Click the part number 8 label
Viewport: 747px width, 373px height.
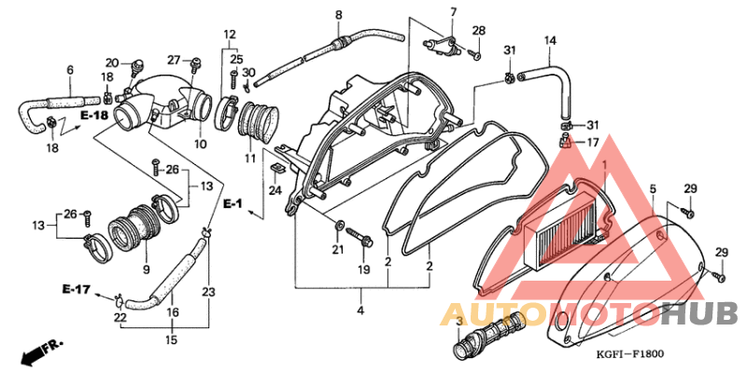pyautogui.click(x=338, y=15)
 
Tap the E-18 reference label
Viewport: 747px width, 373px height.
pyautogui.click(x=94, y=116)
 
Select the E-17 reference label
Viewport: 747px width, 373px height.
pyautogui.click(x=76, y=288)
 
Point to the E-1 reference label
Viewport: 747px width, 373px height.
pyautogui.click(x=233, y=204)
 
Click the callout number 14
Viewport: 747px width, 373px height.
pyautogui.click(x=550, y=41)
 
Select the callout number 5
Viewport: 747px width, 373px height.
pyautogui.click(x=653, y=190)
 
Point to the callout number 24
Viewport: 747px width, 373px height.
pyautogui.click(x=275, y=190)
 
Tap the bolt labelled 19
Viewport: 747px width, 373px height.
pyautogui.click(x=359, y=237)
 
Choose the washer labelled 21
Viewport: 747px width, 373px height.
pyautogui.click(x=338, y=224)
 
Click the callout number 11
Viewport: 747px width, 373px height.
pyautogui.click(x=250, y=158)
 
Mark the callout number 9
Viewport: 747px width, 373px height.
pyautogui.click(x=147, y=270)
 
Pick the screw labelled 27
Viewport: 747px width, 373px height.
pyautogui.click(x=196, y=62)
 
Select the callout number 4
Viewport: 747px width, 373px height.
pyautogui.click(x=360, y=311)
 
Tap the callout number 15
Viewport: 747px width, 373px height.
pyautogui.click(x=172, y=340)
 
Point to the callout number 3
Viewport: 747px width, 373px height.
pyautogui.click(x=459, y=321)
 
